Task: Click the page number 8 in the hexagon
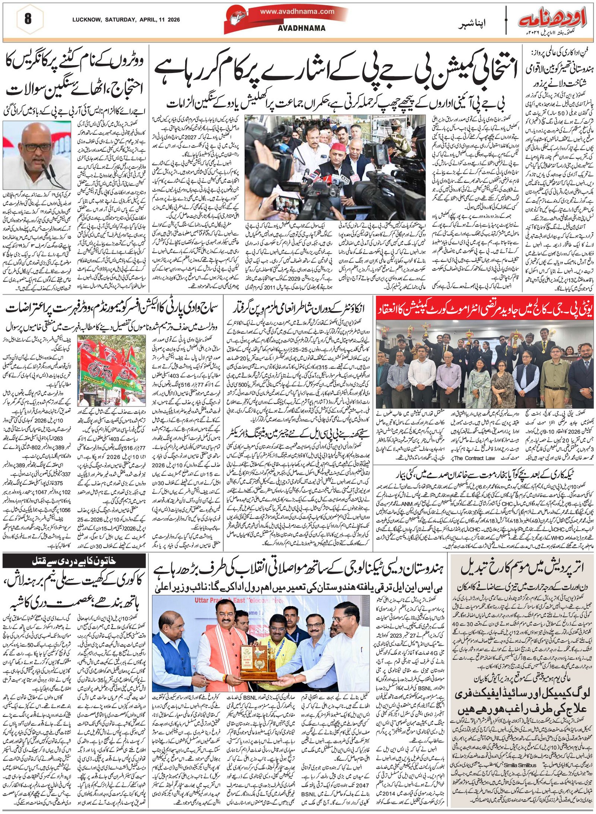point(28,18)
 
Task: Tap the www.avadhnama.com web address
point(297,12)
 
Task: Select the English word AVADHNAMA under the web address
point(302,28)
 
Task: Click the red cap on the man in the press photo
point(337,137)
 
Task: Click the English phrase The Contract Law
point(475,458)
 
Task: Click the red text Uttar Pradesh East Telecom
point(231,601)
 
